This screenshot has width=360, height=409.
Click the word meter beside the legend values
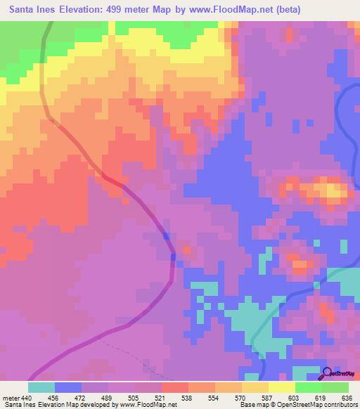click(12, 397)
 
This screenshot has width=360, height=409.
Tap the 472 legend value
click(82, 397)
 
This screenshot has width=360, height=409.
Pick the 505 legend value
click(135, 397)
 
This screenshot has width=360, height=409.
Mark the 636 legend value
click(347, 397)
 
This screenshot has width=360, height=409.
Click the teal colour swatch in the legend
click(41, 387)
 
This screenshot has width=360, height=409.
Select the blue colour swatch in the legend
click(68, 387)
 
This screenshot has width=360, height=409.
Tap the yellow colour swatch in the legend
click(282, 387)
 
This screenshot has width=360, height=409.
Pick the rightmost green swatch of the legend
click(335, 387)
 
